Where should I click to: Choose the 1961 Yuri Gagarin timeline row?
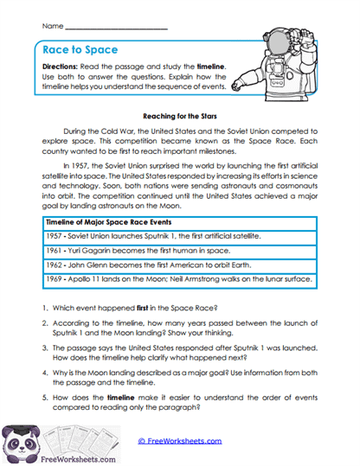[x=132, y=252]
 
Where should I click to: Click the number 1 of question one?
[x=43, y=309]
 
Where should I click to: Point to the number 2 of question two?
[x=43, y=324]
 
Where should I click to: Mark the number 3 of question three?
[x=43, y=351]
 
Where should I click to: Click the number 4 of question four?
[x=43, y=378]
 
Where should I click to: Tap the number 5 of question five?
[x=43, y=405]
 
